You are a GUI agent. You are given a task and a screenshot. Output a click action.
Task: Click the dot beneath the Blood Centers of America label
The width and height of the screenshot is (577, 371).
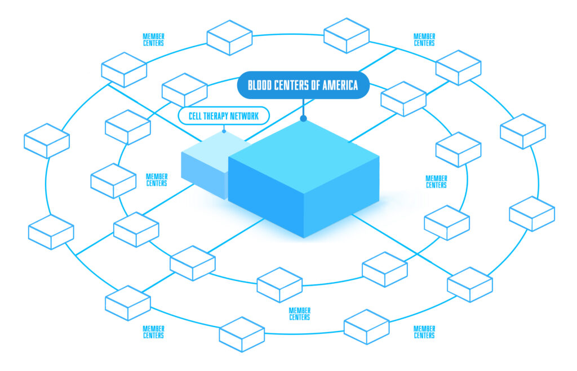[x=303, y=118]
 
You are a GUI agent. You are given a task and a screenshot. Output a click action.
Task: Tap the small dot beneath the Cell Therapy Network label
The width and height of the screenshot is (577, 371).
[x=224, y=132]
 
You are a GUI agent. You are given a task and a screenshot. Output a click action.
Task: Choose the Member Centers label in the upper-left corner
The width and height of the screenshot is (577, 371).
[x=153, y=40]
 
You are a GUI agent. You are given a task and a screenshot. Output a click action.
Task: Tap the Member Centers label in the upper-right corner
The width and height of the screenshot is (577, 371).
[x=424, y=40]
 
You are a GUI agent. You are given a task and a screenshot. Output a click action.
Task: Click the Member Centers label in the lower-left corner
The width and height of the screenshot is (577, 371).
[x=153, y=332]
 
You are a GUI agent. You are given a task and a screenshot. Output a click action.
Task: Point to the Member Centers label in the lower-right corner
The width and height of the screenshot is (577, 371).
[x=424, y=332]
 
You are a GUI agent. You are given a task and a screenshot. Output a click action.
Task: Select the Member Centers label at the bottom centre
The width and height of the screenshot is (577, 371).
[x=299, y=314]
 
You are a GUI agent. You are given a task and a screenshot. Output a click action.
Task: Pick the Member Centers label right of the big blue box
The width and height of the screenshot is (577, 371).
[x=436, y=182]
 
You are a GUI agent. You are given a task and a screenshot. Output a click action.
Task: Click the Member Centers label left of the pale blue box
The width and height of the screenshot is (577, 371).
[x=157, y=180]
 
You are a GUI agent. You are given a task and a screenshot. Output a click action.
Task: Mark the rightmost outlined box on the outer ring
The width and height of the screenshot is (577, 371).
[x=532, y=213]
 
